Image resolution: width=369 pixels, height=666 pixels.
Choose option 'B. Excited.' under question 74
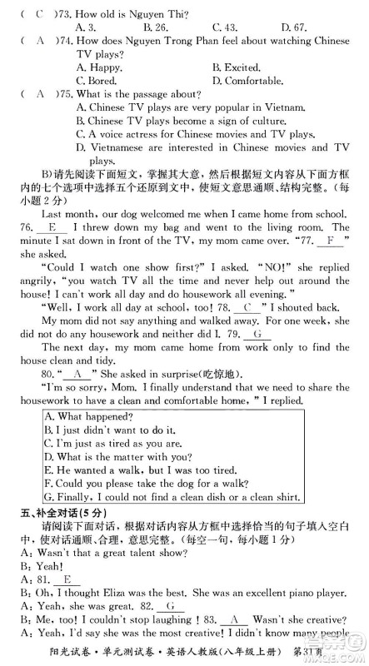238,67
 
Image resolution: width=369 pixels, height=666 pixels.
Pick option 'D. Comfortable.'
253,81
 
